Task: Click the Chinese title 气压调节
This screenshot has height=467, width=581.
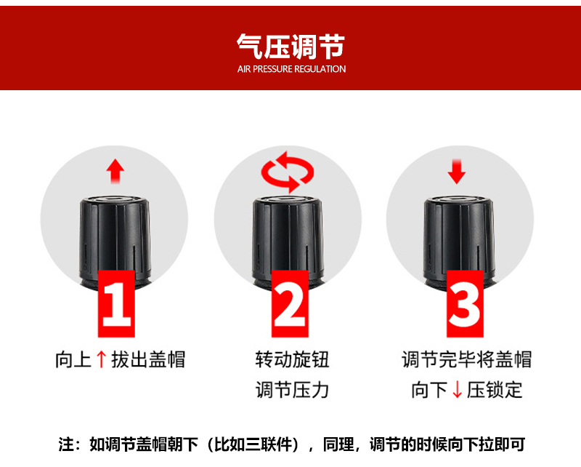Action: click(291, 47)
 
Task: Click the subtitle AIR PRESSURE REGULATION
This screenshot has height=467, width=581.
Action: click(292, 69)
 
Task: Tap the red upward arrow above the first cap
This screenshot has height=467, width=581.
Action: click(115, 171)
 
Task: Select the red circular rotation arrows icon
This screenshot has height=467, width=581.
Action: click(288, 172)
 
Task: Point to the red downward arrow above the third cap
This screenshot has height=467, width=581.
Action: click(457, 172)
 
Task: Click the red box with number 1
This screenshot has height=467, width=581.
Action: click(116, 303)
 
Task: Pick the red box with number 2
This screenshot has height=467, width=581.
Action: click(290, 303)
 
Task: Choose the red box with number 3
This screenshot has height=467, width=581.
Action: click(465, 303)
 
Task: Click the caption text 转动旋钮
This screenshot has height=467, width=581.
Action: click(292, 359)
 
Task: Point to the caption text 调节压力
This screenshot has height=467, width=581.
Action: click(292, 390)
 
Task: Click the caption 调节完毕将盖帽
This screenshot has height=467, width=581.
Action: click(466, 359)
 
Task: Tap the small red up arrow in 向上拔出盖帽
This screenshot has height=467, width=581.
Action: click(101, 359)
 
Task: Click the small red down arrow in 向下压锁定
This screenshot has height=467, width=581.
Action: click(458, 390)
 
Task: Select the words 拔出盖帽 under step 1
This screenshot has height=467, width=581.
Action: click(148, 359)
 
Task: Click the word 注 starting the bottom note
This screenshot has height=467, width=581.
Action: click(66, 444)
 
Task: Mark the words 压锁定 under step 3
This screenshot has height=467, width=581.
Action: click(495, 390)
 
